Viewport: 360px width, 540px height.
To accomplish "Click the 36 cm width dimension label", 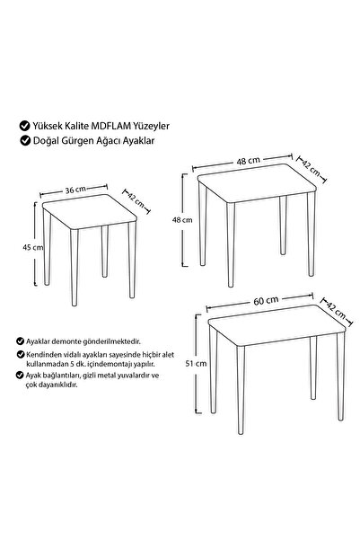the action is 75,190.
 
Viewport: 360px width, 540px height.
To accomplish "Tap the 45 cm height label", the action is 32,247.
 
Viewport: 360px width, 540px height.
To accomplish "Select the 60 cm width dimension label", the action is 266,301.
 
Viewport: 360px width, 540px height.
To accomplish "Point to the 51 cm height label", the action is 196,363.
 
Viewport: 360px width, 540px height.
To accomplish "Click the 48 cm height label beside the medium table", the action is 182,220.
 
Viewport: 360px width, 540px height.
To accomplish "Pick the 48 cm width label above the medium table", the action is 248,161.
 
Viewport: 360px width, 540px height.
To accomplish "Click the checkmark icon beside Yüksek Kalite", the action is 25,126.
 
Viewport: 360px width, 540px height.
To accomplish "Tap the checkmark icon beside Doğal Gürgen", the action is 25,140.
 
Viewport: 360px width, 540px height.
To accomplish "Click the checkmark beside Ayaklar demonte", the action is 20,341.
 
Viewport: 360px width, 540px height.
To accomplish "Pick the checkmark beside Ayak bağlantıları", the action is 20,375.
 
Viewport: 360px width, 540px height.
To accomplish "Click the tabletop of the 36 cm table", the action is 90,211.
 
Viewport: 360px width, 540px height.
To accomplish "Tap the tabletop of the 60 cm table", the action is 277,324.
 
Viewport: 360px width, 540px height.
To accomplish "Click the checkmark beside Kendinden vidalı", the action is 20,354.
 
